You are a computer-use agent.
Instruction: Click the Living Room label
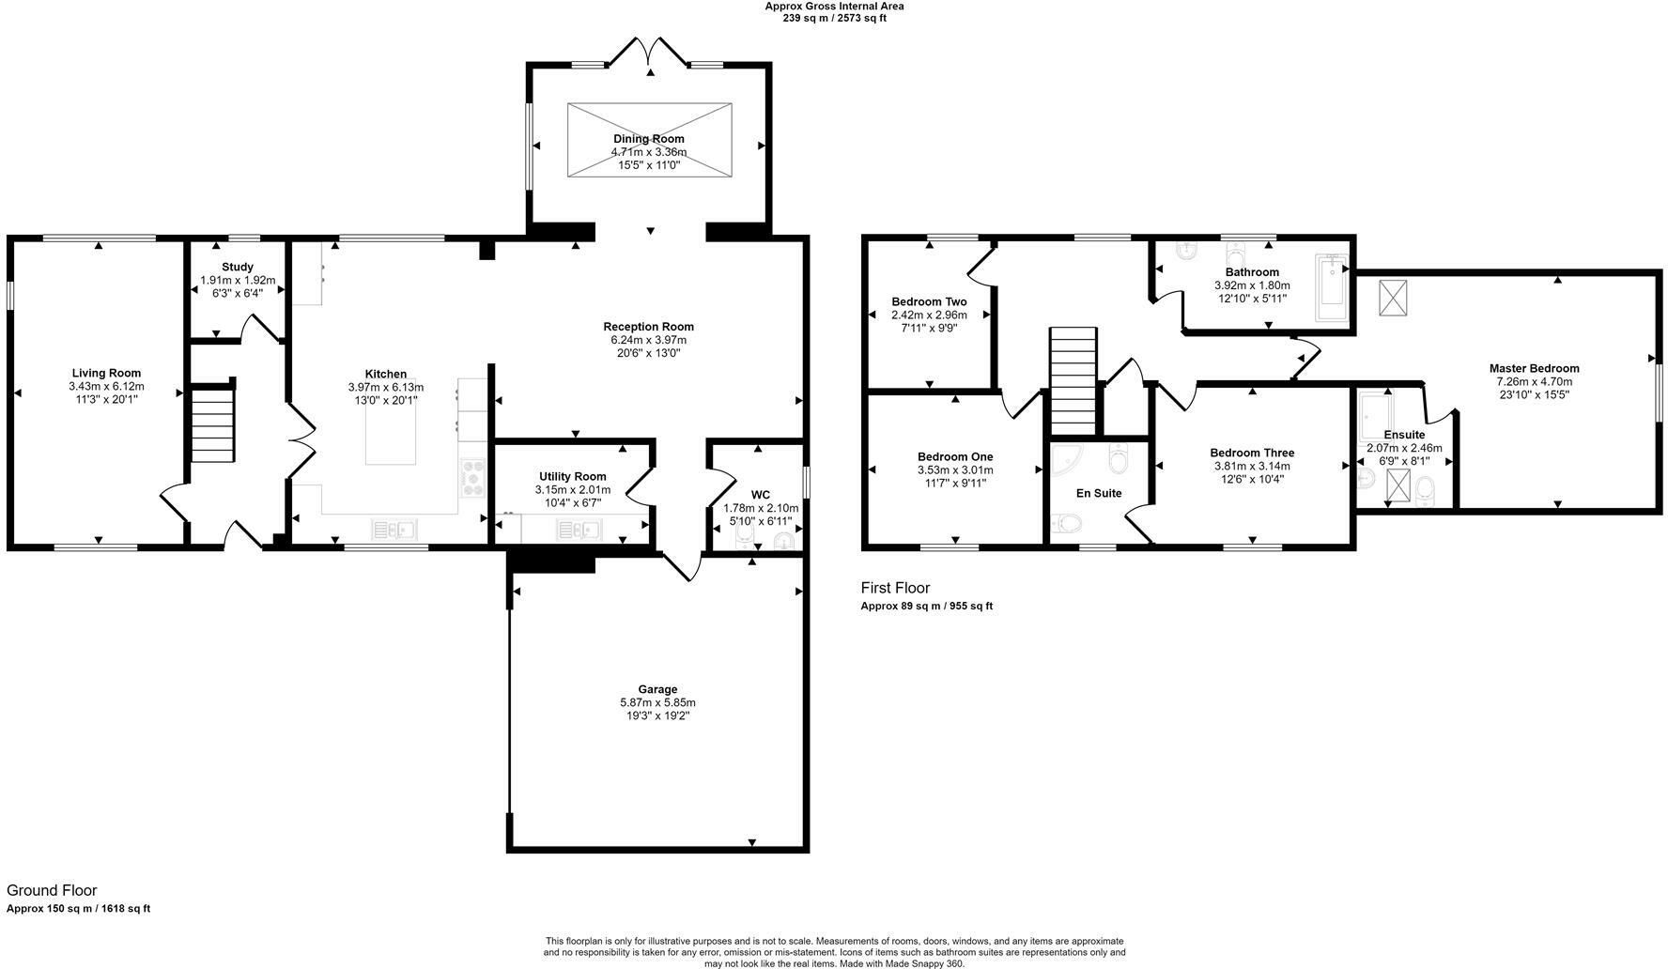[x=106, y=373]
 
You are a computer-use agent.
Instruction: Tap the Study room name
[x=238, y=267]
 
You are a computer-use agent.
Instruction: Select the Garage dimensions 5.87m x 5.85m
[x=657, y=702]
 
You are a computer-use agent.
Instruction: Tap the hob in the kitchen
[x=472, y=478]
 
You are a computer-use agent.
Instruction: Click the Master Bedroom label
[x=1534, y=368]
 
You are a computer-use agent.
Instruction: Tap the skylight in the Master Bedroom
[x=1392, y=298]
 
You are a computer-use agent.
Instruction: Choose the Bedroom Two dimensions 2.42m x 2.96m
[x=929, y=315]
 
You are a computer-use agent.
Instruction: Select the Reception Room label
[x=648, y=327]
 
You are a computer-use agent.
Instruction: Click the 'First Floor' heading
[x=895, y=588]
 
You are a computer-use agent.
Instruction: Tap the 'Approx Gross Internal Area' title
[x=834, y=6]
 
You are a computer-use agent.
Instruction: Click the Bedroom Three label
[x=1252, y=453]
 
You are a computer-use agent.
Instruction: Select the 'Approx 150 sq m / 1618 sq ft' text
[x=79, y=908]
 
